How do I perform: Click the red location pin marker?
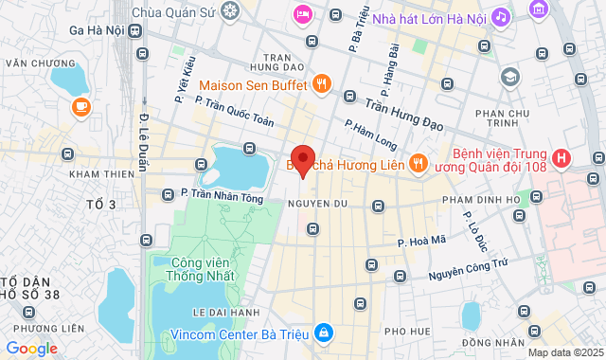click(x=302, y=160)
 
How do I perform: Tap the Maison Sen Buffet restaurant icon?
click(x=322, y=84)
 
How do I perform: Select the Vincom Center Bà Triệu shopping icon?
click(x=324, y=333)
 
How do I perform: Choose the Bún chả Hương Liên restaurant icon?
click(x=417, y=164)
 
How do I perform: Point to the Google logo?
click(x=31, y=348)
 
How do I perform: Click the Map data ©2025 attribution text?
click(x=564, y=352)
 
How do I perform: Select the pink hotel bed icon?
click(x=302, y=13)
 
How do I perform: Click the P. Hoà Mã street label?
click(x=421, y=242)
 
